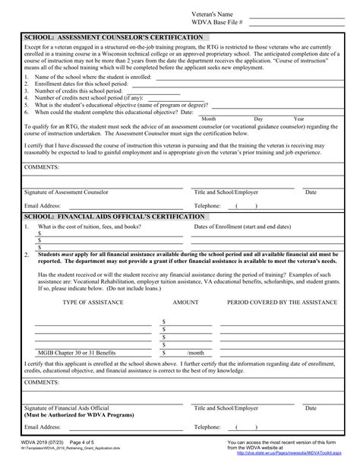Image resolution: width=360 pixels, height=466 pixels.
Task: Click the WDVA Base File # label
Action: tap(215, 24)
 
